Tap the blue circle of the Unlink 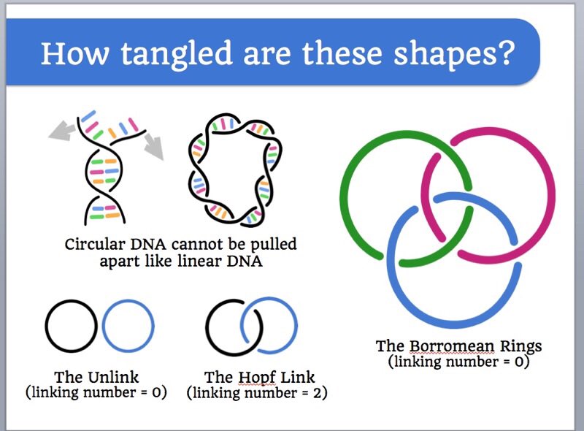(x=151, y=328)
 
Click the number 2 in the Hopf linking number (x=315, y=393)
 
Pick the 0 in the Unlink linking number (x=155, y=393)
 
